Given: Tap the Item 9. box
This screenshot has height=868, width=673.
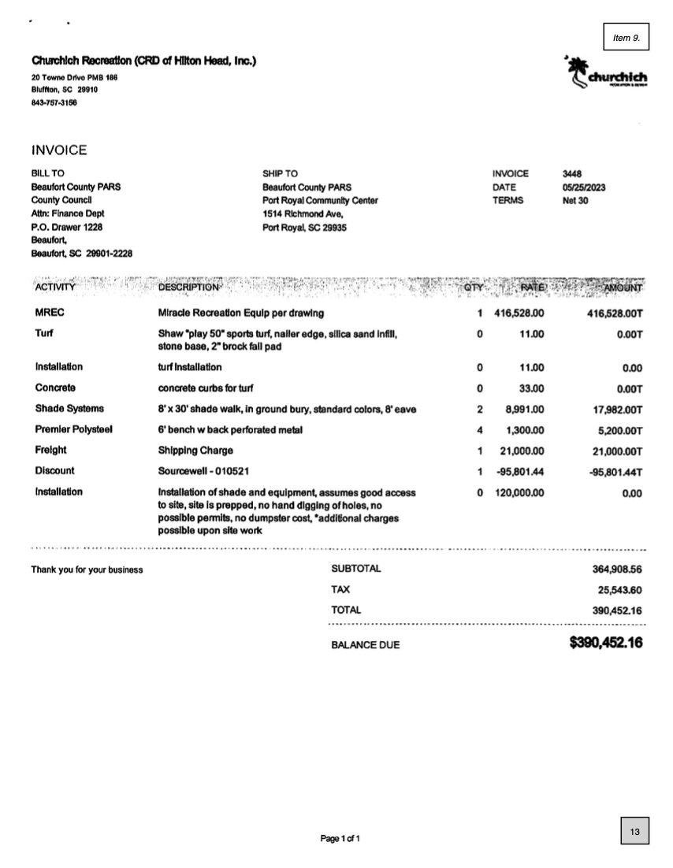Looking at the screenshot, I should pos(626,37).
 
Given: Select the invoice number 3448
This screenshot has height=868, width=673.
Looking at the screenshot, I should pos(574,173).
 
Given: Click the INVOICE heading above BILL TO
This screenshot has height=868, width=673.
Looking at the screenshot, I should pos(59,150).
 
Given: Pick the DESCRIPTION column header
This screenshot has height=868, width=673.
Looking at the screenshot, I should pos(190,287).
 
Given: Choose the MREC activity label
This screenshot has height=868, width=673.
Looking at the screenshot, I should pos(50,313).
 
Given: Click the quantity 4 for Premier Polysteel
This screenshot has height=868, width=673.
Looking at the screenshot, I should pos(480,430).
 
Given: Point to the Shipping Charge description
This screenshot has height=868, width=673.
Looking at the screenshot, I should pos(195,451).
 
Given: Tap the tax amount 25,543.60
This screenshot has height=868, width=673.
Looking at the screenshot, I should pos(620,590).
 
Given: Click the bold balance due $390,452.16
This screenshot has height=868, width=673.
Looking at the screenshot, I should pos(605,644).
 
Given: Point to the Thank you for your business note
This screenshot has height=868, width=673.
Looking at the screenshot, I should pos(87,569).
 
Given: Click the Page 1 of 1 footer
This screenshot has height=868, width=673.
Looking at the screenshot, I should pos(340,839).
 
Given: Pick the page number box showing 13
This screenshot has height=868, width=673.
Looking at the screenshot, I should pos(634,832).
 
